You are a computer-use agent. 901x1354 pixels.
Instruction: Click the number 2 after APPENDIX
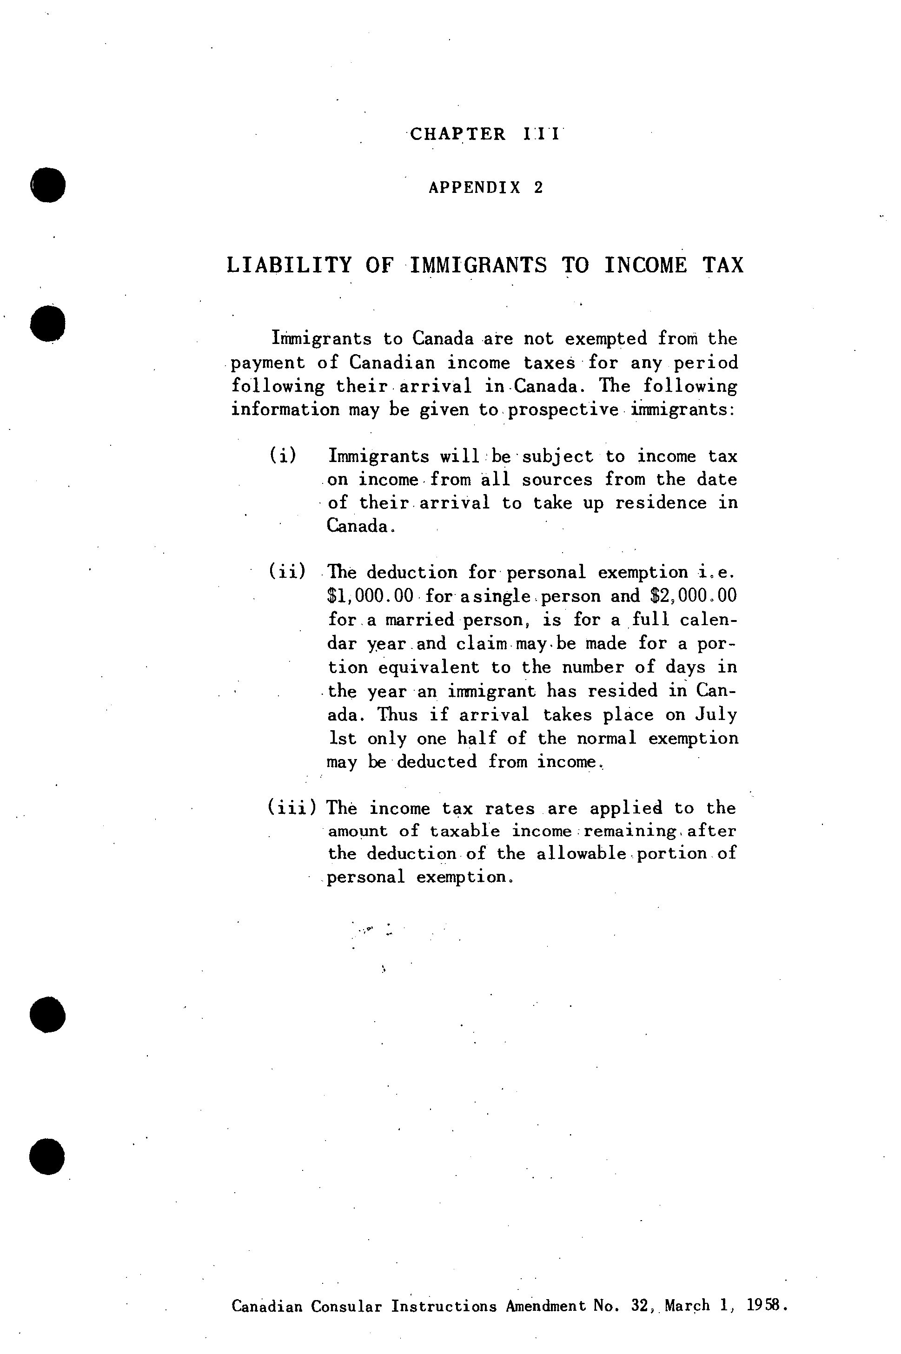click(x=538, y=187)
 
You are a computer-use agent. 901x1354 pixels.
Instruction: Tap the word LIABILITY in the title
click(x=289, y=265)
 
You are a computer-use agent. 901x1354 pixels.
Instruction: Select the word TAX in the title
click(x=723, y=265)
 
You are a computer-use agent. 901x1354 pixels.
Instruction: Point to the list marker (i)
click(x=283, y=456)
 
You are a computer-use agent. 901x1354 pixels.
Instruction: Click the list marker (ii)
click(x=287, y=572)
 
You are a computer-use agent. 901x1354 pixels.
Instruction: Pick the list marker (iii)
click(x=292, y=808)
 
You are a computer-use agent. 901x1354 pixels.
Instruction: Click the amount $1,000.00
click(x=370, y=596)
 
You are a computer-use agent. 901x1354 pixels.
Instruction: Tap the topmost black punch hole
click(x=48, y=185)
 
